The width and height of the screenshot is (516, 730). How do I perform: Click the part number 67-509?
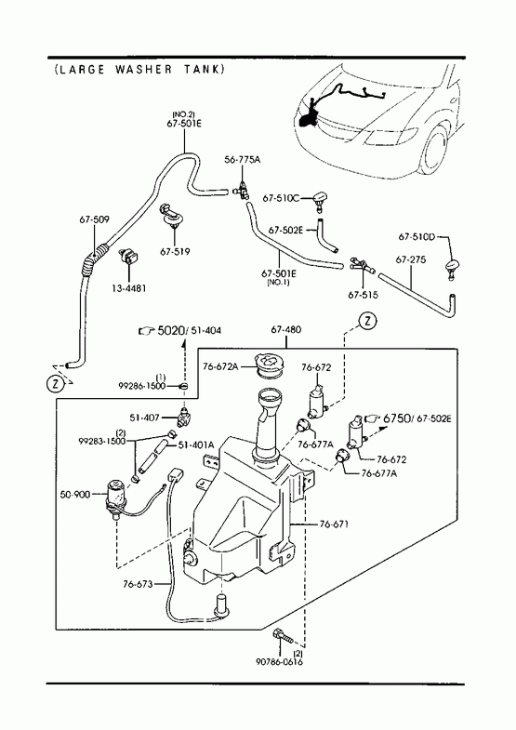pyautogui.click(x=94, y=219)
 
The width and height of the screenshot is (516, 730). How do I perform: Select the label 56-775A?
pyautogui.click(x=242, y=160)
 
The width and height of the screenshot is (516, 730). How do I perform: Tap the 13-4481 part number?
pyautogui.click(x=129, y=288)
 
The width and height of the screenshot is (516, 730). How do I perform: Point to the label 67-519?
pyautogui.click(x=175, y=252)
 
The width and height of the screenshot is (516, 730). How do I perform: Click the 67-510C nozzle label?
pyautogui.click(x=281, y=198)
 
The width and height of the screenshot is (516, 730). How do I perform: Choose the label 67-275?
pyautogui.click(x=411, y=259)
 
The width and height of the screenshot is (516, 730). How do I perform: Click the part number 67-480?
pyautogui.click(x=285, y=329)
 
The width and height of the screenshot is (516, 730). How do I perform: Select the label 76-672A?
pyautogui.click(x=220, y=366)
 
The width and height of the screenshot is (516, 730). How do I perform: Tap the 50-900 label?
pyautogui.click(x=75, y=495)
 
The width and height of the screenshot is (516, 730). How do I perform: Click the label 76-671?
pyautogui.click(x=334, y=524)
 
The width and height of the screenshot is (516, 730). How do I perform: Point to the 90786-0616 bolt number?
pyautogui.click(x=279, y=661)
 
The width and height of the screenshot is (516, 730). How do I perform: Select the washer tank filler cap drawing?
pyautogui.click(x=269, y=364)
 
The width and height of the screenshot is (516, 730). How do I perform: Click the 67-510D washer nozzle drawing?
pyautogui.click(x=452, y=269)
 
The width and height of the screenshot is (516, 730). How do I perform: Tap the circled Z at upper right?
pyautogui.click(x=368, y=321)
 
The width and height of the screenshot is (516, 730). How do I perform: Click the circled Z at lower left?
pyautogui.click(x=55, y=384)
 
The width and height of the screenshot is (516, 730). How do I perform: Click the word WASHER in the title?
pyautogui.click(x=143, y=70)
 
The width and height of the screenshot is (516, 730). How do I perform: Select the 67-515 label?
pyautogui.click(x=363, y=295)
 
